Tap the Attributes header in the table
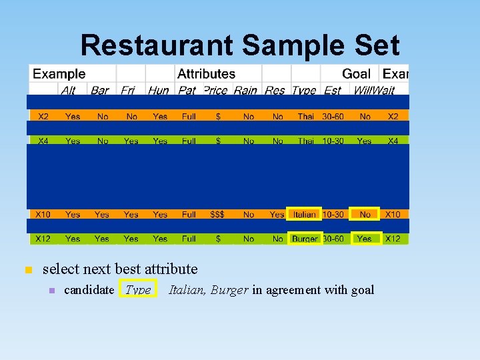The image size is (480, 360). (x=206, y=73)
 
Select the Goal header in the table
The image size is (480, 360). (x=357, y=73)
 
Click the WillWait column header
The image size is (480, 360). (x=374, y=90)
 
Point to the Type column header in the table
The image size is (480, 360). (x=304, y=90)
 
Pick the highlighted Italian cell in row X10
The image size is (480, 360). (x=305, y=214)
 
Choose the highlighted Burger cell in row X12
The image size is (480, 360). (x=305, y=238)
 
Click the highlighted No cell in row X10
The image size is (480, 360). (x=365, y=214)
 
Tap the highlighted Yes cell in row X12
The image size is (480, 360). (x=365, y=238)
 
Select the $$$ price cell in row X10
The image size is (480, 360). (x=217, y=214)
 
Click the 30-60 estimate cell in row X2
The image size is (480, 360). (x=333, y=116)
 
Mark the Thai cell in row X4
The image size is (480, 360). (x=305, y=141)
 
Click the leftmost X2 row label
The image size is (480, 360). (x=43, y=116)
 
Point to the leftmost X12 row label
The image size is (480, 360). (x=43, y=238)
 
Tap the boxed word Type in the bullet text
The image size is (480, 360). (x=138, y=289)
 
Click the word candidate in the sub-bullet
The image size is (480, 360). (x=89, y=289)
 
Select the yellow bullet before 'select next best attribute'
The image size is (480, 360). (x=28, y=269)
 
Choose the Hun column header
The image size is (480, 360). (x=159, y=90)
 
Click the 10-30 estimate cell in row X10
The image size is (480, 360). (x=333, y=214)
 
